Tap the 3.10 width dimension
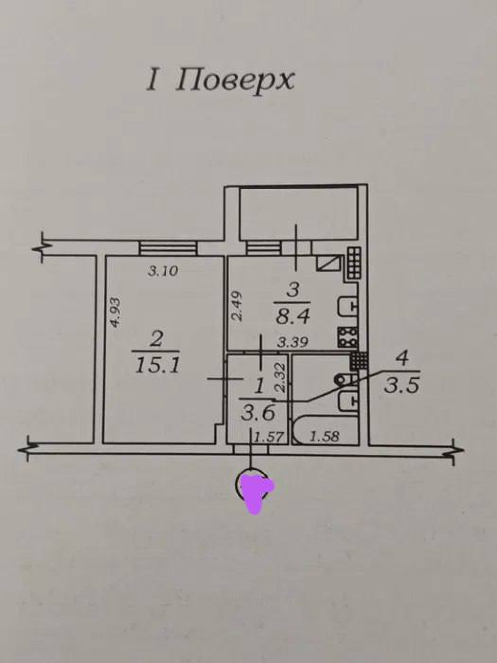coord(164,271)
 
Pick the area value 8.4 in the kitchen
coord(292,315)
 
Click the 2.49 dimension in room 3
coord(238,307)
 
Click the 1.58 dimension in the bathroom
coord(324,437)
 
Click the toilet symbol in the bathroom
coord(344,379)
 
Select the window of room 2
coord(166,247)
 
